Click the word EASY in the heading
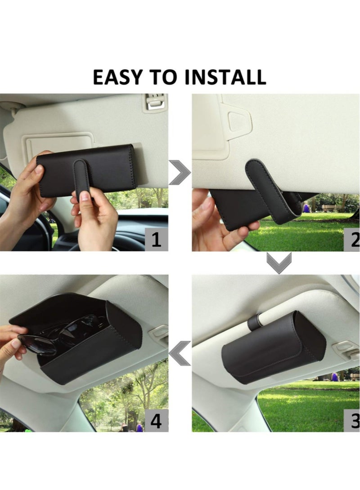[x=117, y=77]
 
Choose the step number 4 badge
[x=156, y=420]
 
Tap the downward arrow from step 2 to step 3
[x=279, y=263]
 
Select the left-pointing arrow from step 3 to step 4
[x=180, y=353]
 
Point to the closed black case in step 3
[x=274, y=348]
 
